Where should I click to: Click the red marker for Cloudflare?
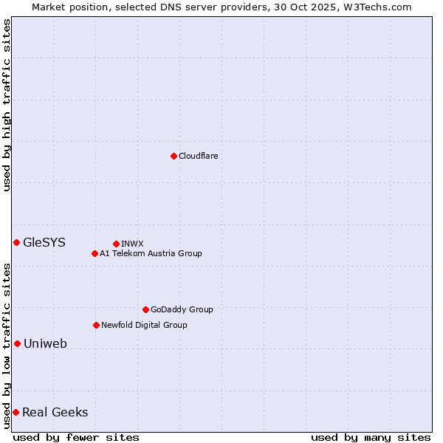pyautogui.click(x=174, y=156)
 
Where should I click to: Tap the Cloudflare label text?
pyautogui.click(x=198, y=156)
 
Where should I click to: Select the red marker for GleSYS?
pyautogui.click(x=16, y=242)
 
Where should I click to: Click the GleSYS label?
pyautogui.click(x=44, y=242)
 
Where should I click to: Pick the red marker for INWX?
pyautogui.click(x=116, y=244)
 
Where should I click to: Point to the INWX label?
pyautogui.click(x=132, y=244)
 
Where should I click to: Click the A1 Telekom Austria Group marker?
pyautogui.click(x=95, y=253)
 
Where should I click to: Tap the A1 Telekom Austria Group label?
pyautogui.click(x=151, y=253)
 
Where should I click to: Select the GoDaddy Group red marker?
pyautogui.click(x=145, y=309)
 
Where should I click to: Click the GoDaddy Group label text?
pyautogui.click(x=182, y=309)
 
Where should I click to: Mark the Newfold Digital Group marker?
pyautogui.click(x=96, y=325)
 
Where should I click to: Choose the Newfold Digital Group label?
pyautogui.click(x=144, y=325)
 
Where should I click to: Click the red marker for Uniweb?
pyautogui.click(x=17, y=343)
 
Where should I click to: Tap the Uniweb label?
pyautogui.click(x=45, y=343)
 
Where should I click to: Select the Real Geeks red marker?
pyautogui.click(x=16, y=412)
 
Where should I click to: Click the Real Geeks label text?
pyautogui.click(x=55, y=412)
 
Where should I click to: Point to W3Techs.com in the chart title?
pyautogui.click(x=381, y=7)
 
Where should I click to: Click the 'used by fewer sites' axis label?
pyautogui.click(x=77, y=437)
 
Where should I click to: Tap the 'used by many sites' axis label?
pyautogui.click(x=371, y=437)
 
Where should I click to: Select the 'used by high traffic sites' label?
pyautogui.click(x=7, y=105)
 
